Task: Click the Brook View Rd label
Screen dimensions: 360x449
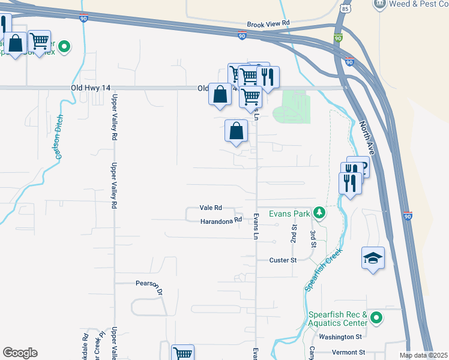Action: tap(268, 22)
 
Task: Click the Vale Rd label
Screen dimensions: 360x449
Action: tap(211, 208)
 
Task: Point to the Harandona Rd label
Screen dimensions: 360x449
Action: tap(221, 220)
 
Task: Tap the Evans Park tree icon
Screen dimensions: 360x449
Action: tap(321, 213)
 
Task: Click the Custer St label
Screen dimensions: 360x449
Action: tap(283, 260)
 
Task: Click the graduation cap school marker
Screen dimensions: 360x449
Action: tap(373, 258)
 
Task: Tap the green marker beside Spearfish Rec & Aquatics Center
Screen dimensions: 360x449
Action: tap(376, 317)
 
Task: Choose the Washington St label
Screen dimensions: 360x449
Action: tap(341, 337)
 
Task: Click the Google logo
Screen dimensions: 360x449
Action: tap(20, 352)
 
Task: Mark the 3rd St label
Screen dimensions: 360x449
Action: tap(313, 237)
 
